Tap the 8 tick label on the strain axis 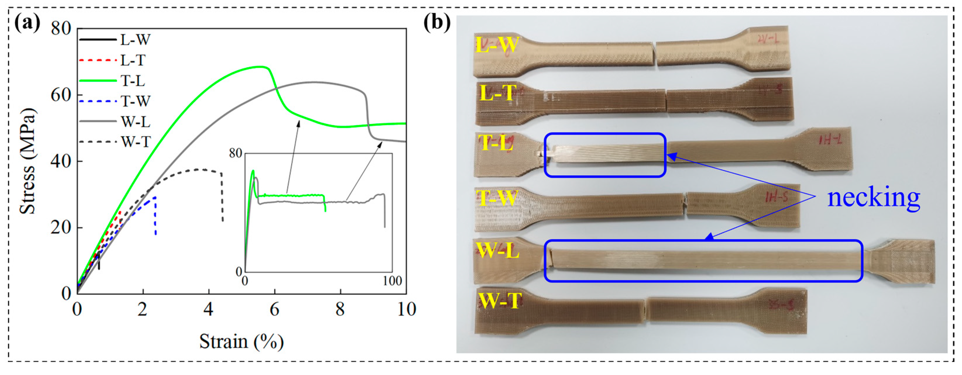click(x=340, y=309)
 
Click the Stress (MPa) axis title click(x=27, y=161)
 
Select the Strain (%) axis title click(x=241, y=341)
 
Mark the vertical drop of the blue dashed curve click(x=155, y=216)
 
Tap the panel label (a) click(x=27, y=23)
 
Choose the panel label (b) click(x=437, y=23)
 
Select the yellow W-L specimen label click(x=497, y=250)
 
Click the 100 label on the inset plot click(x=392, y=281)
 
